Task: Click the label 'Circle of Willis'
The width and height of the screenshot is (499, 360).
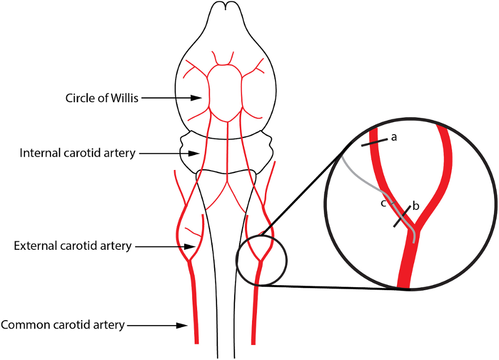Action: (x=103, y=98)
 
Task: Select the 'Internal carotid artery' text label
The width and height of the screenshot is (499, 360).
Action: (x=77, y=153)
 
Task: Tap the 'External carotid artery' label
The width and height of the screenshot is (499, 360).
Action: (x=73, y=246)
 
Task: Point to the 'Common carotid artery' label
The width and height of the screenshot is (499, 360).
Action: (x=62, y=325)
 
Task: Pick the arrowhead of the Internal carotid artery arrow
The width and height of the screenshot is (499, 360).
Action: (x=197, y=153)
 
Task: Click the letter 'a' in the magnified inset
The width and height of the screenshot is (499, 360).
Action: (x=393, y=137)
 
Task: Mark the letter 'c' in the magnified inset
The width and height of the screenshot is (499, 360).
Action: (x=383, y=203)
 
